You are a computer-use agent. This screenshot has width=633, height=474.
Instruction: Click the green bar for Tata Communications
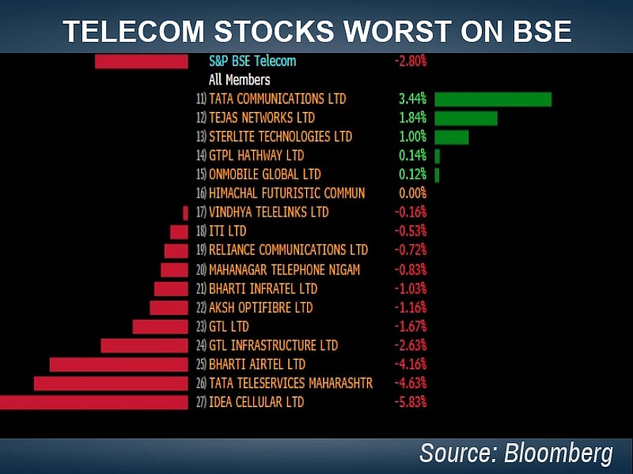coord(492,99)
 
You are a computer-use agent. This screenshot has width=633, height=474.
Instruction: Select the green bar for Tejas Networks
coord(465,118)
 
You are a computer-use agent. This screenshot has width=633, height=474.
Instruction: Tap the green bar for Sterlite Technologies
coord(451,137)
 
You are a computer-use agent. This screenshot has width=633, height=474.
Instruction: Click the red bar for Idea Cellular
coord(93,402)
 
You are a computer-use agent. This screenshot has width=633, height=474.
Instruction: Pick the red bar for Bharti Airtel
coord(119,364)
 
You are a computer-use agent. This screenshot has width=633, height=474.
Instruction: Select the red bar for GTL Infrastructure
coord(144,345)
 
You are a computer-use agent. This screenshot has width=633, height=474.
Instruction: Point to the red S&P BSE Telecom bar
coord(141,61)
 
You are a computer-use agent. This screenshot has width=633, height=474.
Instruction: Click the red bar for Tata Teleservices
coord(111,383)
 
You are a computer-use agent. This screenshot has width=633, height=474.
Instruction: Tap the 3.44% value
coord(412,99)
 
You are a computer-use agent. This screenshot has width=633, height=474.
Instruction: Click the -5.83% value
coord(410,402)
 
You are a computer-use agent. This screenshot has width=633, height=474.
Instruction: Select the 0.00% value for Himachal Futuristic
coord(412,194)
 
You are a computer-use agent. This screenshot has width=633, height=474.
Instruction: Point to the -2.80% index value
coord(410,61)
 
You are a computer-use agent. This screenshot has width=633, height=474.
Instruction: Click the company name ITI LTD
coord(227,231)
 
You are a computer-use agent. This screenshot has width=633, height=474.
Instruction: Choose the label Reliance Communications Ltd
coord(288,250)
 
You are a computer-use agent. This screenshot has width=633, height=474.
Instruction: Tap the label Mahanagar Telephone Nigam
coord(284,269)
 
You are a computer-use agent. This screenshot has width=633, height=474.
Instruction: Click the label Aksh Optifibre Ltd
coord(260,307)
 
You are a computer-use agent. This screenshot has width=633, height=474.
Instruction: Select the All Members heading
coord(239,80)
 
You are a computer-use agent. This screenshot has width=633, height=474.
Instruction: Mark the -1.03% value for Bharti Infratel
coord(410,288)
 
